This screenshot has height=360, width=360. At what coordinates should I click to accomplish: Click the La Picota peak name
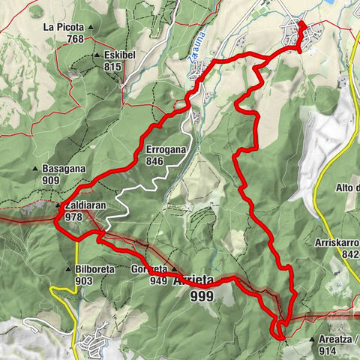(64, 28)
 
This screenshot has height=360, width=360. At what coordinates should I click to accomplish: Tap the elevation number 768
(73, 39)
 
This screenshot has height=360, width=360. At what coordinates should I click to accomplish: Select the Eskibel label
(123, 55)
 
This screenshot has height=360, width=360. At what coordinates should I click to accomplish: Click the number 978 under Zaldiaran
(73, 217)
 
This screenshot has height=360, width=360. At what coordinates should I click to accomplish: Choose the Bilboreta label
(94, 268)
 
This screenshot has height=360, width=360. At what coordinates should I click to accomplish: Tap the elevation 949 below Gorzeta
(157, 281)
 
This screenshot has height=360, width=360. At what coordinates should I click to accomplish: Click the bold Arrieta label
(193, 281)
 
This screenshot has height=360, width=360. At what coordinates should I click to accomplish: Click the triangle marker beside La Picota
(91, 28)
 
